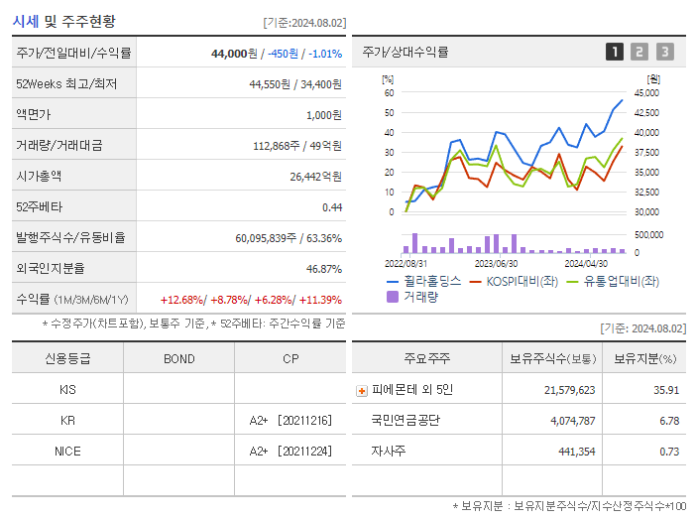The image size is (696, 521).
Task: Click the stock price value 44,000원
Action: point(234,54)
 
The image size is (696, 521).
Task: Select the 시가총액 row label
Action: point(39,176)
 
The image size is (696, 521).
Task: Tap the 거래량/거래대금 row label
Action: point(58,145)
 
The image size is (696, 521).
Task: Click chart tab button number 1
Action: point(615,52)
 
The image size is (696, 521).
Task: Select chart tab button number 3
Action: point(664,52)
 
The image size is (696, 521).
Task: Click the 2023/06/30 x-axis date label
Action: point(496,263)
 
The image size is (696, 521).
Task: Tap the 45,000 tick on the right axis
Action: point(646,93)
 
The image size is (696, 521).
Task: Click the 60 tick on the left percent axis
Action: point(389,93)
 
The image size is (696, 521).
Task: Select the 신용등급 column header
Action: point(67,358)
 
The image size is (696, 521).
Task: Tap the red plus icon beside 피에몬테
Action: point(362,391)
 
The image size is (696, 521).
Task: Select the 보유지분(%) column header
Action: point(644,358)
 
